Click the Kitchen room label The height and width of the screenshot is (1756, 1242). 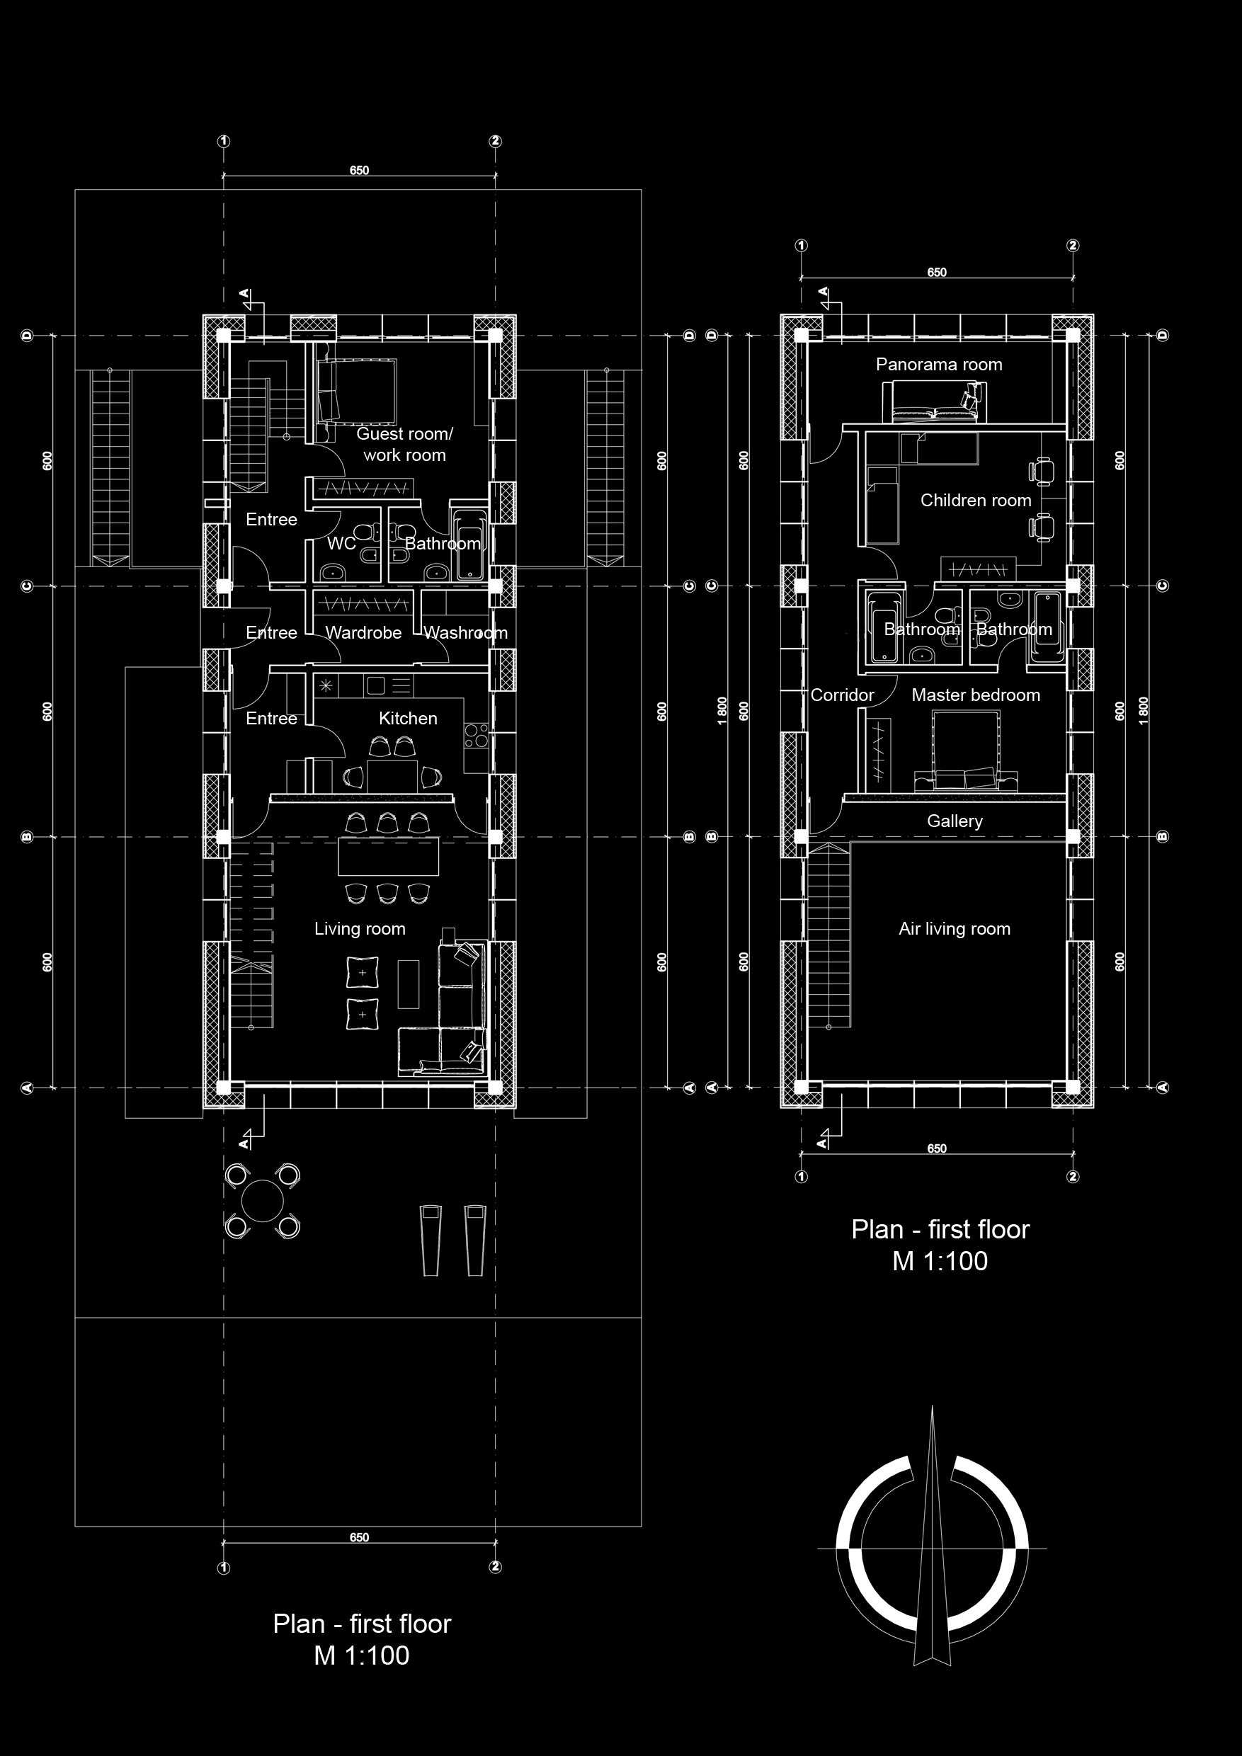pos(408,718)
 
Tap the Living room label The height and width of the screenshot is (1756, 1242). pos(360,928)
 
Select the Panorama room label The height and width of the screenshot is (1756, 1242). pos(938,364)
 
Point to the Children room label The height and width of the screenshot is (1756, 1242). pos(975,500)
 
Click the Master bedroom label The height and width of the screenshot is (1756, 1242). pos(975,695)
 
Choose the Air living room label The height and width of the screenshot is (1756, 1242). pos(955,928)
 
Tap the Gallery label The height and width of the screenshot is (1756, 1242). pos(955,821)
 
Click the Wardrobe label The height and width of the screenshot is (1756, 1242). pos(363,632)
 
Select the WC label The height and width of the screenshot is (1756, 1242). pos(341,544)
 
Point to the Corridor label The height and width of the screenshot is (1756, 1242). pos(842,695)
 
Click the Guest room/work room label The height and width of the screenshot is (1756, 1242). pos(404,445)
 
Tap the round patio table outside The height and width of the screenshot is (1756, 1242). pos(262,1201)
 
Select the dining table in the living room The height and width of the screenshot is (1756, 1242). pos(389,856)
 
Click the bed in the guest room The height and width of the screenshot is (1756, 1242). pos(356,390)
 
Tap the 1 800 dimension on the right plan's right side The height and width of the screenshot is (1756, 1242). pos(1143,712)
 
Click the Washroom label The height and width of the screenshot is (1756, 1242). pos(466,632)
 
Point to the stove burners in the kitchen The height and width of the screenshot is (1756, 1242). pos(477,735)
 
